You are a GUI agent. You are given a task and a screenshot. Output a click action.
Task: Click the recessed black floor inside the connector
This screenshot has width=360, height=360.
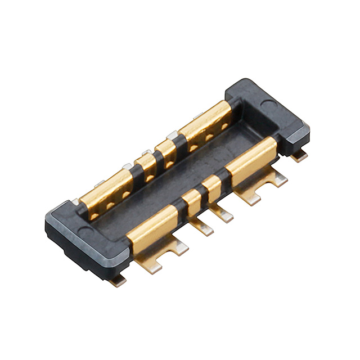169,186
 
